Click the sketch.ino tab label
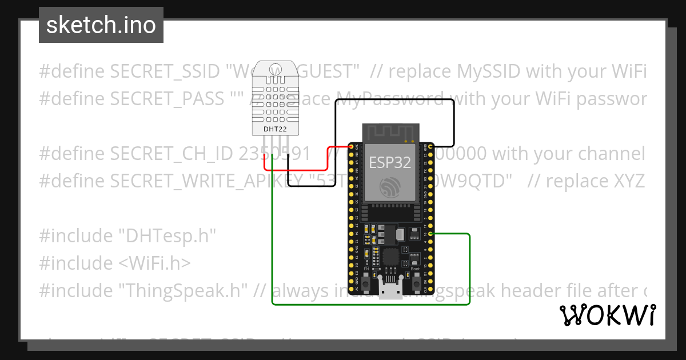101,25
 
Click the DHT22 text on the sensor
272,129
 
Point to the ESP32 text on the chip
390,162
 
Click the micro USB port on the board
392,291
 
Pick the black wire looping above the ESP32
394,100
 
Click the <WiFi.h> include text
155,263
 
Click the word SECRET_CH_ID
171,154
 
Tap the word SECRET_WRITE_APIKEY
206,181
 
